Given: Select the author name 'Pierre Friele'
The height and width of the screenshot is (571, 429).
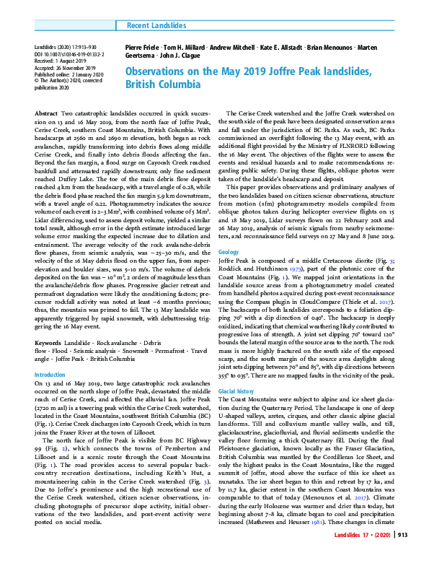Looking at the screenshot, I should click(141, 47).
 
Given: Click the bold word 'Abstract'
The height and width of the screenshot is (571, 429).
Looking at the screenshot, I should click(47, 115).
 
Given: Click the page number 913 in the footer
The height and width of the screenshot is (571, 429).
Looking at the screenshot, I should click(404, 554).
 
